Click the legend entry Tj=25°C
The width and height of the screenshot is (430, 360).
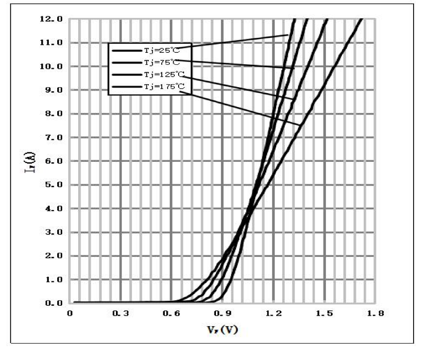(161, 50)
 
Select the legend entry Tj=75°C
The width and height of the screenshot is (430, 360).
(161, 62)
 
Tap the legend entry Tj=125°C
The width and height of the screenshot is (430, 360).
(164, 74)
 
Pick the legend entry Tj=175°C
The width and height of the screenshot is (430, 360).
(164, 86)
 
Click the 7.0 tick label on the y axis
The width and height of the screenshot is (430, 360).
(53, 137)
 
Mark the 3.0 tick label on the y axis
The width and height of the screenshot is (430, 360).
(53, 232)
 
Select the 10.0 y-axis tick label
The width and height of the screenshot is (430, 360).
(51, 66)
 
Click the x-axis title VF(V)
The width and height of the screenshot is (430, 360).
(222, 330)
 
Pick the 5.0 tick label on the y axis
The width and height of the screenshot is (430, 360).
(53, 185)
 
